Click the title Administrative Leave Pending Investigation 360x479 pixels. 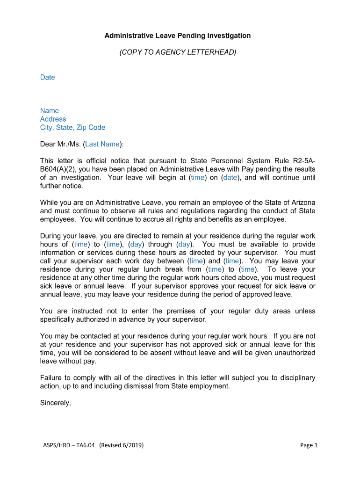click(x=178, y=36)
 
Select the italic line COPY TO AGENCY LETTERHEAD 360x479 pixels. click(x=178, y=52)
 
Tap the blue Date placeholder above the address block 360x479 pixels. click(x=47, y=77)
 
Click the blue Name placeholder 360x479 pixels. click(x=50, y=111)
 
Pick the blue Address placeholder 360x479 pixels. click(x=53, y=119)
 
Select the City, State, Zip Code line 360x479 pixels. click(x=72, y=128)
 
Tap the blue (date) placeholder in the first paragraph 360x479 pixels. click(x=230, y=178)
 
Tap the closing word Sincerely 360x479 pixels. click(x=55, y=403)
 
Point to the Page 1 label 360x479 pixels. click(x=309, y=445)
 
